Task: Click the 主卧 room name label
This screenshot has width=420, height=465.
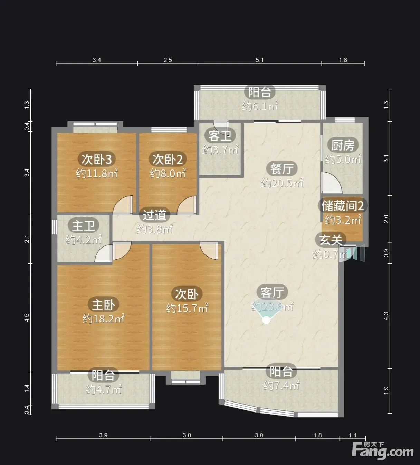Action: [103, 304]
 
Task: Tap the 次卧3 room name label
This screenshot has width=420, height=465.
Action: [96, 159]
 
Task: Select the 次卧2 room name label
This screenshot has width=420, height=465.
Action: [168, 159]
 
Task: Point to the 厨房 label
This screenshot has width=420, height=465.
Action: [343, 145]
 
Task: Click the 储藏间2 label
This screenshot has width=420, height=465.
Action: [343, 205]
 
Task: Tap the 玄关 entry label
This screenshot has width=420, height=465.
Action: [331, 240]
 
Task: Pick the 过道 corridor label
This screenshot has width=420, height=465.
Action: [154, 215]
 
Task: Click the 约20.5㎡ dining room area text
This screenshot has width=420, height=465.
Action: [282, 183]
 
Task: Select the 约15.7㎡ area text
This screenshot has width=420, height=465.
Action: [187, 308]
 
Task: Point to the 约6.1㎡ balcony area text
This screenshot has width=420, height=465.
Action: [260, 106]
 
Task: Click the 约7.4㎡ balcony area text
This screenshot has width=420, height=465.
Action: [281, 385]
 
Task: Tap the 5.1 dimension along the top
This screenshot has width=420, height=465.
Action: [260, 60]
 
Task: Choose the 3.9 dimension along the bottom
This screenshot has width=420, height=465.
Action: [103, 435]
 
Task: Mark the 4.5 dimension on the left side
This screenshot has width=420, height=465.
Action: [27, 318]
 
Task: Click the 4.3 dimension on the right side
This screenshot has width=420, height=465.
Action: [386, 316]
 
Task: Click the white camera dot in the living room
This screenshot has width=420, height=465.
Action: [266, 320]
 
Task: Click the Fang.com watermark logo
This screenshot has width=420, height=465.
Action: [383, 451]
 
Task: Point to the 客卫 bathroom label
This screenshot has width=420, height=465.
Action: [220, 136]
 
